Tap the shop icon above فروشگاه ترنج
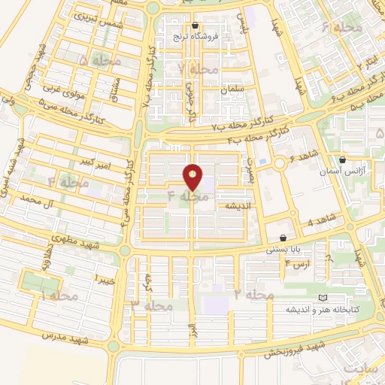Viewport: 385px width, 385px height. click(195, 25)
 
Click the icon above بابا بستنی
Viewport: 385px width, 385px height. click(282, 237)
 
